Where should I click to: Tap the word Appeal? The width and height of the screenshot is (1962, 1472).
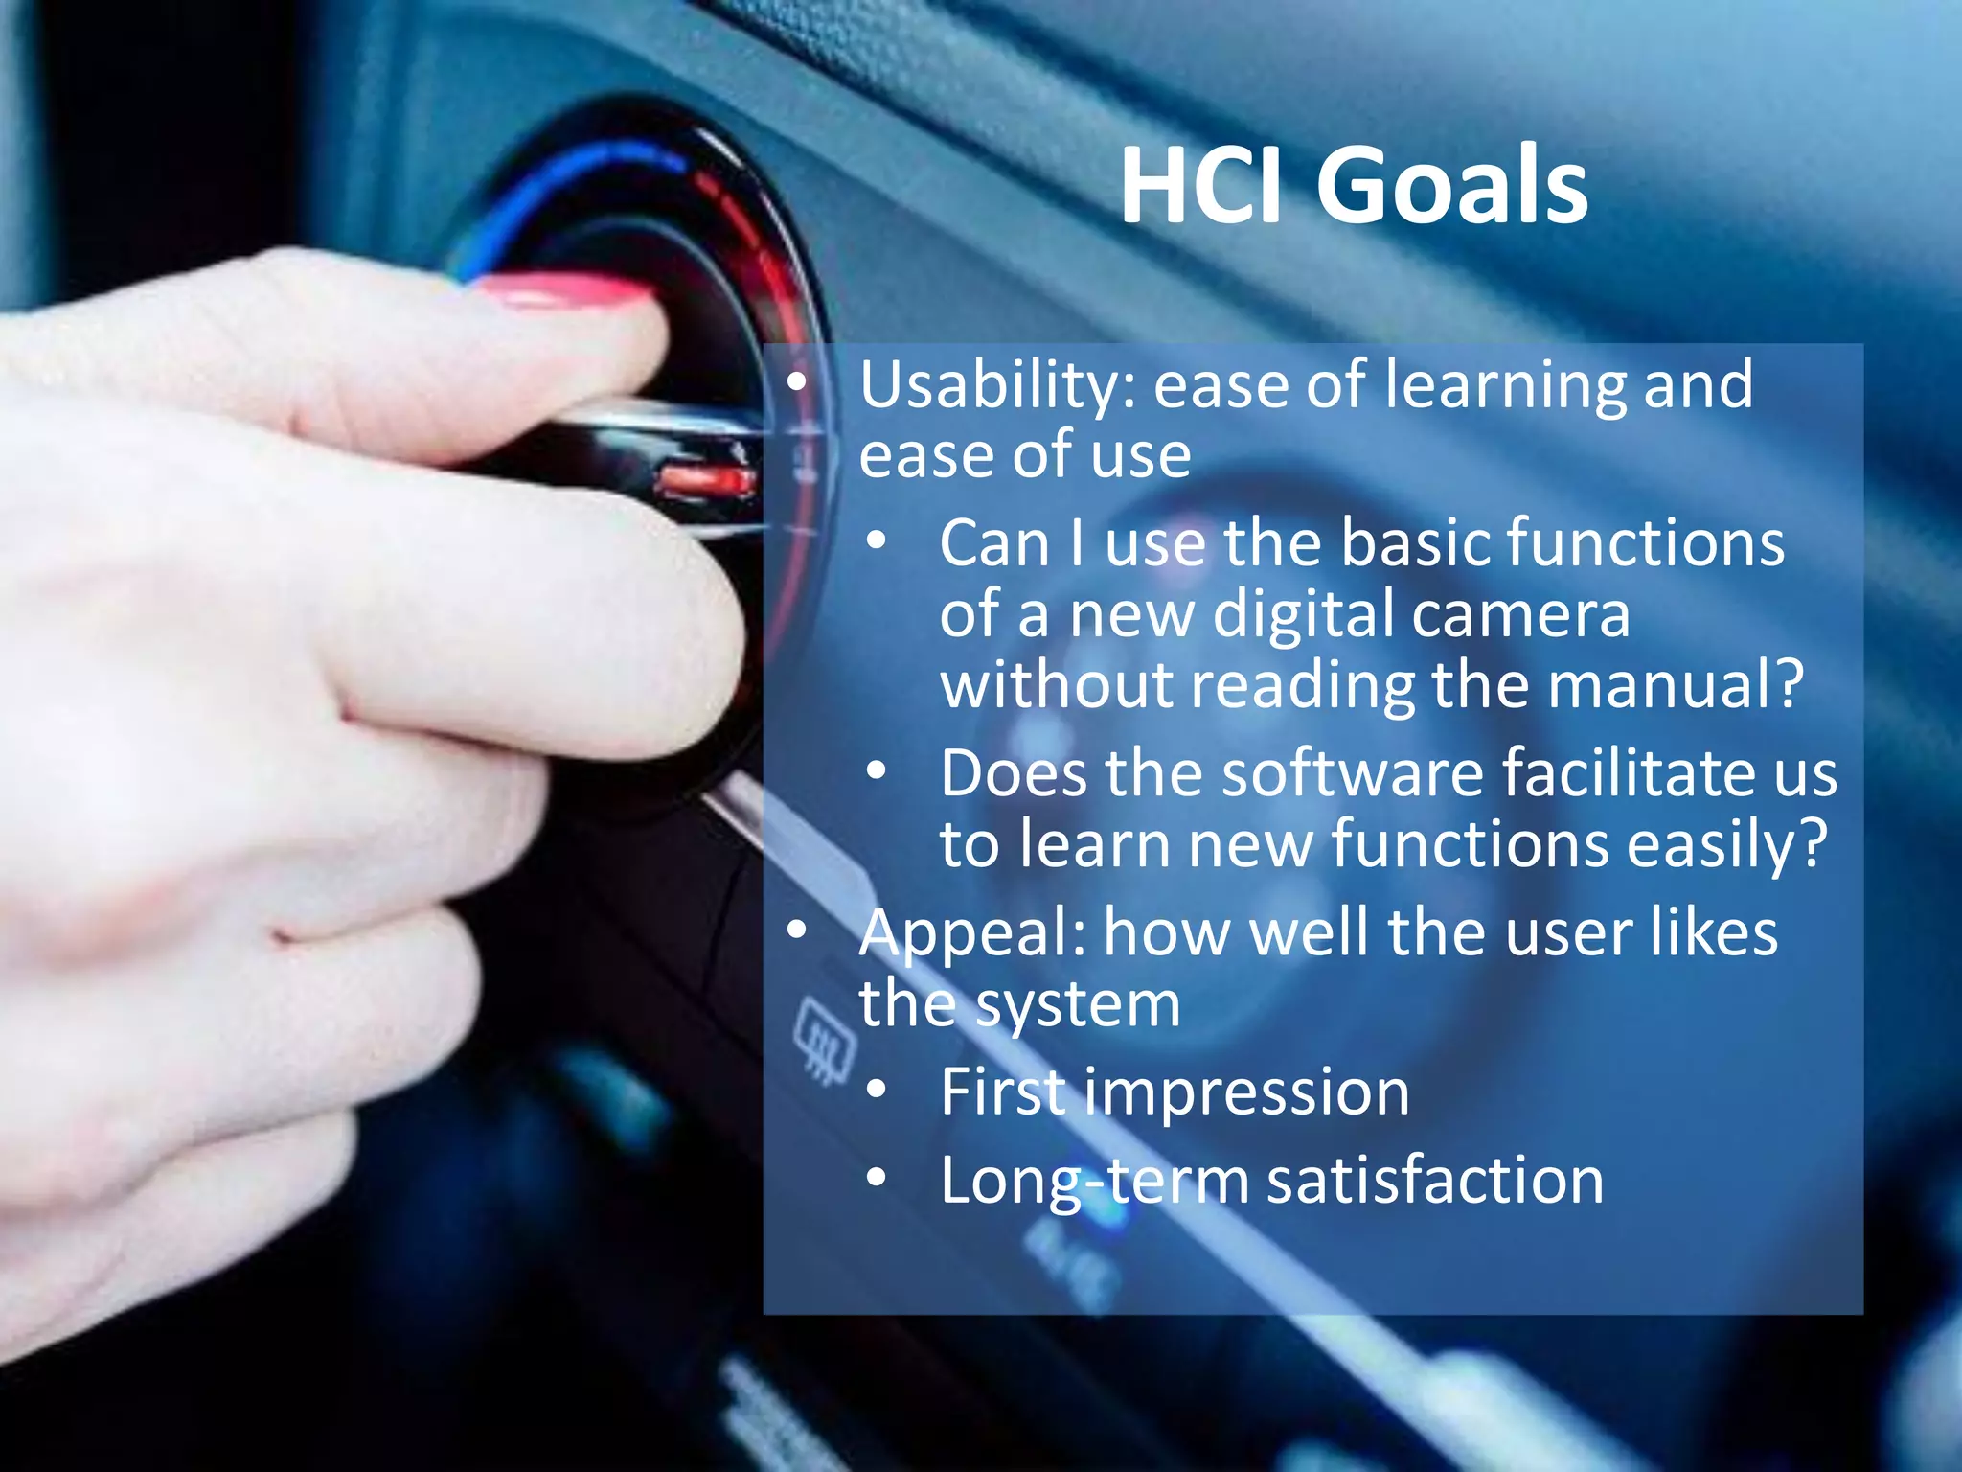tap(971, 933)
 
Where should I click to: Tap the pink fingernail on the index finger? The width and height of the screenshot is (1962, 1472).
tap(565, 291)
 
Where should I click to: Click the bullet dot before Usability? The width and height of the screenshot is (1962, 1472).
tap(797, 382)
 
